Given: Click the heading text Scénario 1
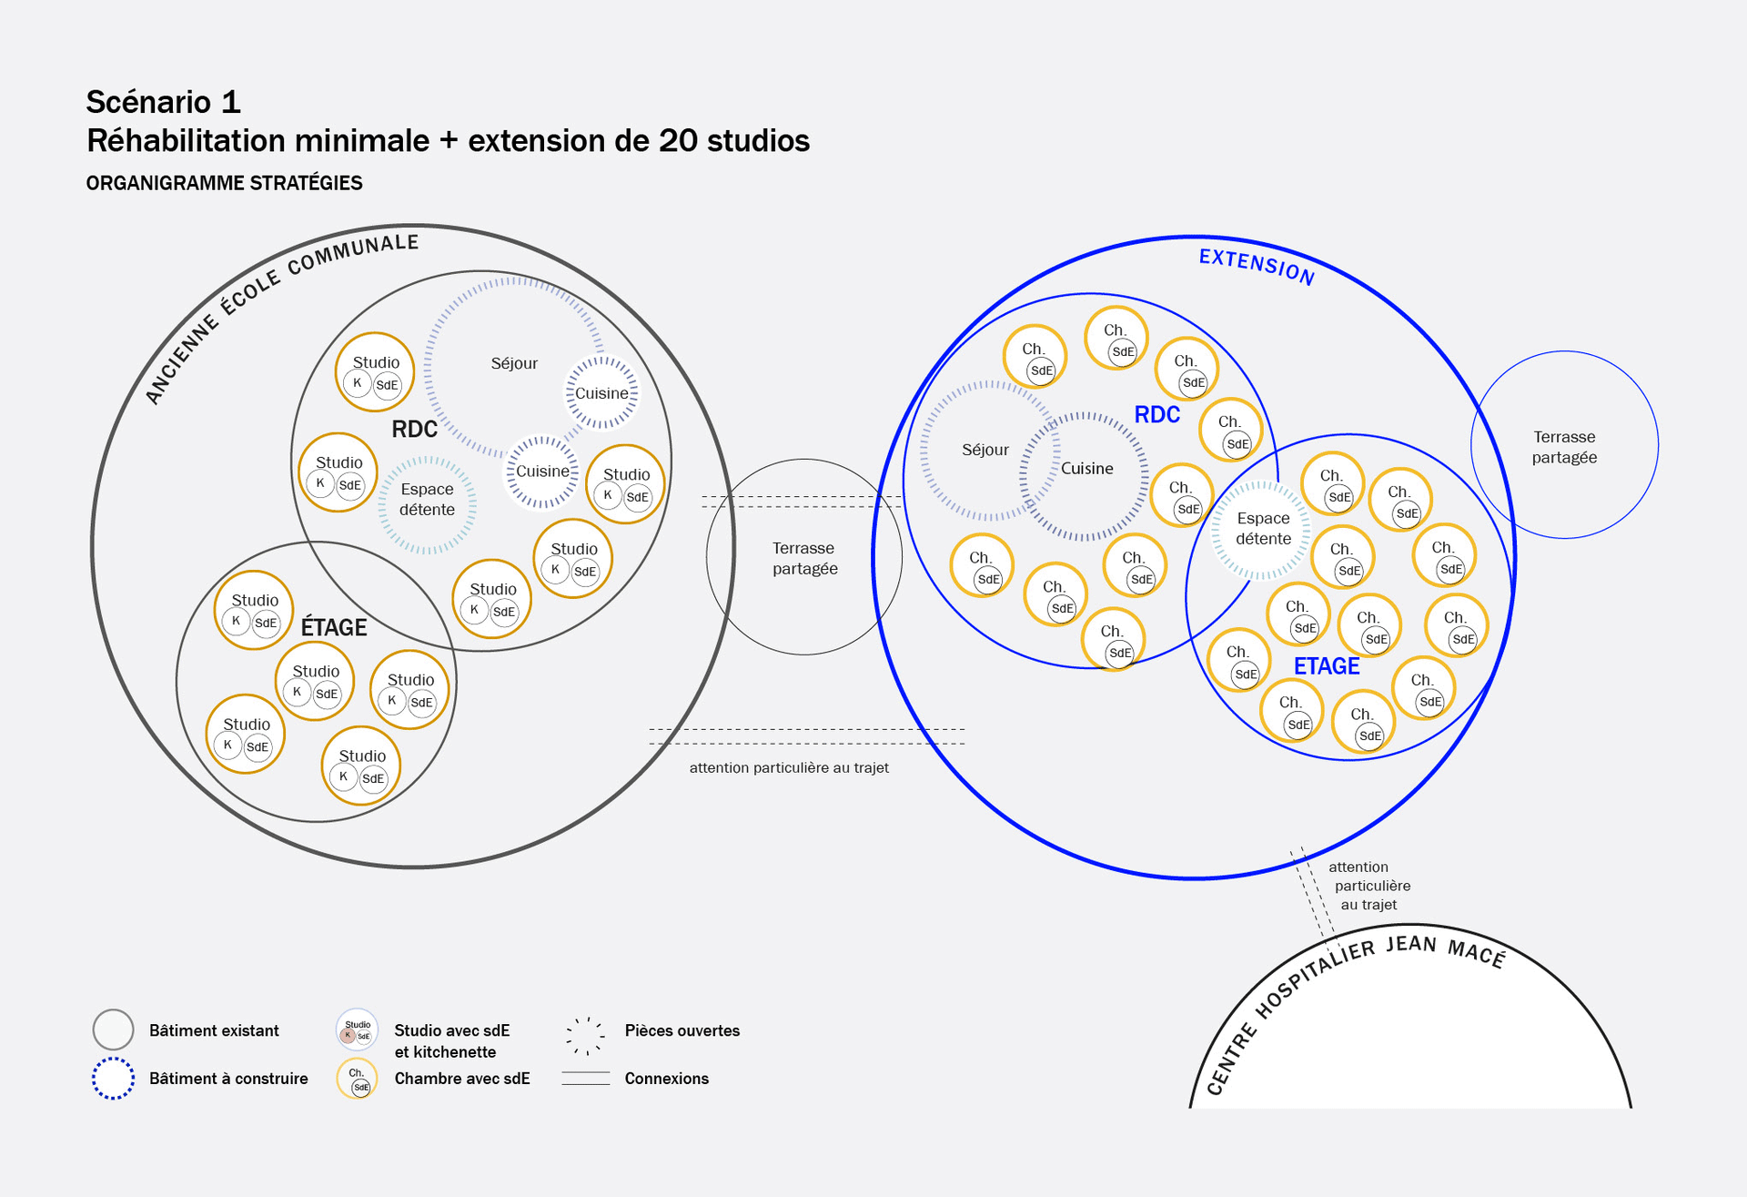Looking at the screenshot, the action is pyautogui.click(x=164, y=102).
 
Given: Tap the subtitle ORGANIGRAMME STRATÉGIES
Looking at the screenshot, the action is pyautogui.click(x=224, y=183).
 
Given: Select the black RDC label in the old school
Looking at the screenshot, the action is pyautogui.click(x=414, y=429).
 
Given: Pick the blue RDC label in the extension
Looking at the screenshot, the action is pyautogui.click(x=1156, y=415).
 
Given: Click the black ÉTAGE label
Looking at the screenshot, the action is pyautogui.click(x=334, y=627).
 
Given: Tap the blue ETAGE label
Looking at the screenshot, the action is pyautogui.click(x=1327, y=666).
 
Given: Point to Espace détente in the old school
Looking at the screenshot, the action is pyautogui.click(x=427, y=500).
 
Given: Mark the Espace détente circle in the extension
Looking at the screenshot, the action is pyautogui.click(x=1262, y=529).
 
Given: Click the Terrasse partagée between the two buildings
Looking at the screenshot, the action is pyautogui.click(x=804, y=558).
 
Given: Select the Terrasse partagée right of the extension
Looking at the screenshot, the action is pyautogui.click(x=1564, y=447).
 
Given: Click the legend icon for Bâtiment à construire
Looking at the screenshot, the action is pyautogui.click(x=114, y=1079).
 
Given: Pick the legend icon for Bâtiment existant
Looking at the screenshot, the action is pyautogui.click(x=114, y=1030).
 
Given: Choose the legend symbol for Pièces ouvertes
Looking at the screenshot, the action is pyautogui.click(x=585, y=1034).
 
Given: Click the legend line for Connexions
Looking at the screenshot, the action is pyautogui.click(x=585, y=1079).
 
